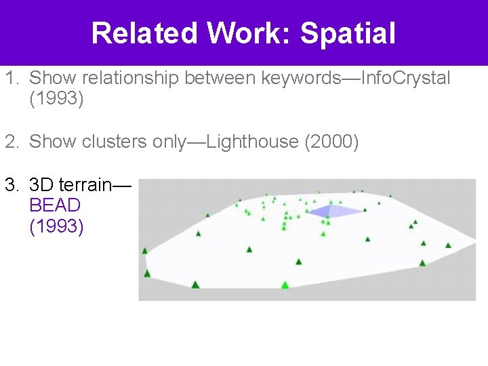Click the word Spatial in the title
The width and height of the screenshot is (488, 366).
347,33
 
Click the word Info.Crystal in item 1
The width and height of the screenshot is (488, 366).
406,78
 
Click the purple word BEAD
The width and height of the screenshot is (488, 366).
55,205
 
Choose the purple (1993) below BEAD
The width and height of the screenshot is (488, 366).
57,226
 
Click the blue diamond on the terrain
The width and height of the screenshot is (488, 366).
335,211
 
